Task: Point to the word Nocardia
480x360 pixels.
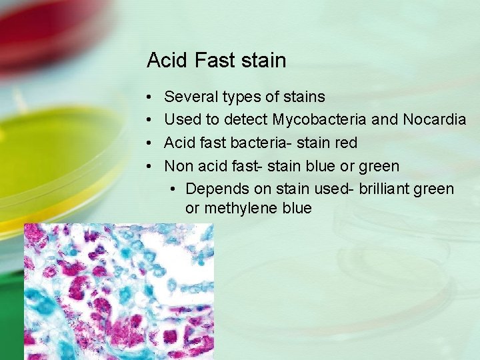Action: (434, 120)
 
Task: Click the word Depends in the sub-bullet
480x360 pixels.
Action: (217, 189)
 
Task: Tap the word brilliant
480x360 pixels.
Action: (385, 189)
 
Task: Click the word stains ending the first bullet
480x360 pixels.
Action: (305, 97)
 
